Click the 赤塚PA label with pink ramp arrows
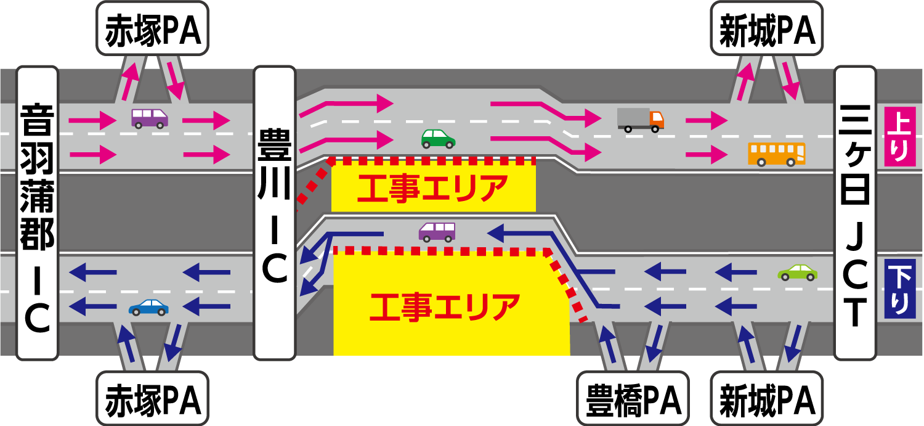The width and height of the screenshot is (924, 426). [x=153, y=28]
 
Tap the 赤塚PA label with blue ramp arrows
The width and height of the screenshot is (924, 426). [x=153, y=398]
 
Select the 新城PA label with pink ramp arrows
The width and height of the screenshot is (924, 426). [x=767, y=28]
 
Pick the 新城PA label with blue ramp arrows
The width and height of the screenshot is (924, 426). [x=767, y=398]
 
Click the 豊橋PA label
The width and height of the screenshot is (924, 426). [x=633, y=398]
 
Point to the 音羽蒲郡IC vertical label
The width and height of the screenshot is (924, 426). [x=37, y=213]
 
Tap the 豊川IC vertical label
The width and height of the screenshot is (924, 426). [x=275, y=213]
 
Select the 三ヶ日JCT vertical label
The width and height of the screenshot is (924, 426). [x=855, y=213]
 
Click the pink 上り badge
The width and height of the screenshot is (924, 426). [x=900, y=137]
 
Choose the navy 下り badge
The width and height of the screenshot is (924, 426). [x=900, y=289]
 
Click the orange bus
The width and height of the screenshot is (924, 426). [x=777, y=154]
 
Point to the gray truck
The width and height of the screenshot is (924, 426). [x=641, y=120]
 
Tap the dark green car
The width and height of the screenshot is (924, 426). [x=438, y=139]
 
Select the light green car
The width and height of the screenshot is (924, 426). [x=797, y=273]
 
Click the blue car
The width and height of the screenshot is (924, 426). [x=148, y=308]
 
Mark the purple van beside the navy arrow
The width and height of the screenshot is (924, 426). [x=437, y=232]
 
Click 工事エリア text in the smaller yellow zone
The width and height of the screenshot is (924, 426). [x=432, y=189]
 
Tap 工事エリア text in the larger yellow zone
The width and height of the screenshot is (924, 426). [x=445, y=307]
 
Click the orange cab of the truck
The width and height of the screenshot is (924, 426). [x=657, y=120]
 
